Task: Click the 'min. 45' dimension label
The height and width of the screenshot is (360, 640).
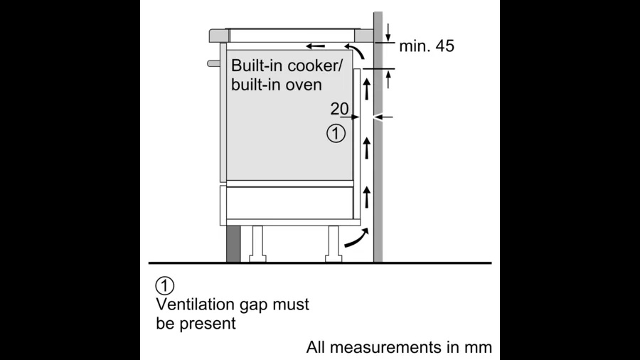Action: (x=426, y=46)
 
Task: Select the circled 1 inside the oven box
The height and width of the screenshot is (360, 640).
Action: (x=336, y=132)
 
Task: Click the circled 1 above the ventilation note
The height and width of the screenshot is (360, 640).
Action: (x=164, y=287)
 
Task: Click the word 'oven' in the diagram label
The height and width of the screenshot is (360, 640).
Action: (x=306, y=84)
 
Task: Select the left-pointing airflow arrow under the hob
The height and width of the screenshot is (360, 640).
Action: (x=316, y=46)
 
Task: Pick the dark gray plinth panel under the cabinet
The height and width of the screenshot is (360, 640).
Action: (x=233, y=244)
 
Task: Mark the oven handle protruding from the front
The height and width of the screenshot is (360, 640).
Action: (x=213, y=63)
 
